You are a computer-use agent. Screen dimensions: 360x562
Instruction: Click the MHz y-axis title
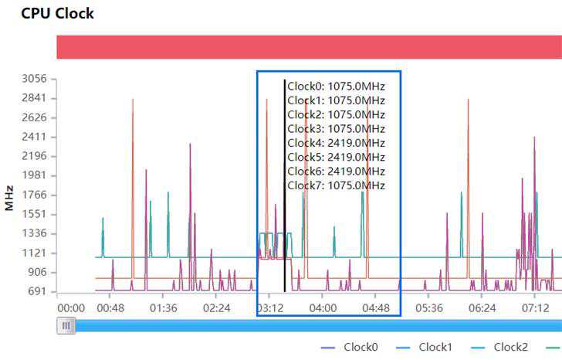(x=9, y=198)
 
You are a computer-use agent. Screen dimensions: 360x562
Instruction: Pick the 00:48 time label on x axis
(x=111, y=308)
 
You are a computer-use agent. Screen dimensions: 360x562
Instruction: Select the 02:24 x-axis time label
(x=216, y=308)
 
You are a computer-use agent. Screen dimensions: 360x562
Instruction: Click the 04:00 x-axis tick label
(x=323, y=308)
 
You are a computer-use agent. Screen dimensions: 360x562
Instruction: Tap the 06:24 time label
(x=482, y=308)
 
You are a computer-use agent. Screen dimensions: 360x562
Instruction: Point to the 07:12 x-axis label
(x=535, y=308)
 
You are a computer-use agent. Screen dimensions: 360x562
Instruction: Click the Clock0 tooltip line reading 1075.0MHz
(x=336, y=87)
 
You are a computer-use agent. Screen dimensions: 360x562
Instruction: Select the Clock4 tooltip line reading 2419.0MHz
(x=336, y=143)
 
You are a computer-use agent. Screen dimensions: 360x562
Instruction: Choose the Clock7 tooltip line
(x=336, y=185)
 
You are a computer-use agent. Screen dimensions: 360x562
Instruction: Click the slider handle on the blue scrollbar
(x=66, y=326)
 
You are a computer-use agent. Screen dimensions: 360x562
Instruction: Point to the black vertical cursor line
(x=285, y=232)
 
